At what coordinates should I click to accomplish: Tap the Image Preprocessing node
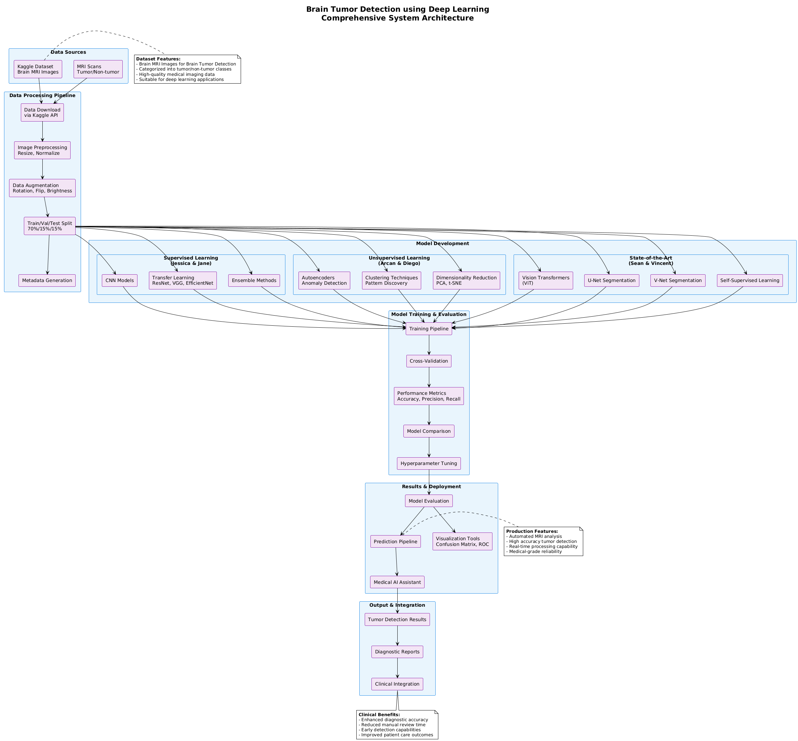(42, 150)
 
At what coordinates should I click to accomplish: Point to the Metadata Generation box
(47, 280)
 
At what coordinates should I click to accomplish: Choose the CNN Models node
(120, 280)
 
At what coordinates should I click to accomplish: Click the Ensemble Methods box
(254, 280)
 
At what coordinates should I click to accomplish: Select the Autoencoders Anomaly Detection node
(324, 280)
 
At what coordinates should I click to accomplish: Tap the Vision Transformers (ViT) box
(546, 280)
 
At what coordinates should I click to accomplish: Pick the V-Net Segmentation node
(678, 280)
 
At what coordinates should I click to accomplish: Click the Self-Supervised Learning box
(750, 280)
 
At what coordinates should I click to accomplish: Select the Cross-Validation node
(429, 361)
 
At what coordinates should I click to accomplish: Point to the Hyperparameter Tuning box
(429, 464)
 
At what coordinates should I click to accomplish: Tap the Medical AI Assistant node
(397, 582)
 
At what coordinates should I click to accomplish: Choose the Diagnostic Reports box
(397, 652)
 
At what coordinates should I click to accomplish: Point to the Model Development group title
(442, 243)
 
